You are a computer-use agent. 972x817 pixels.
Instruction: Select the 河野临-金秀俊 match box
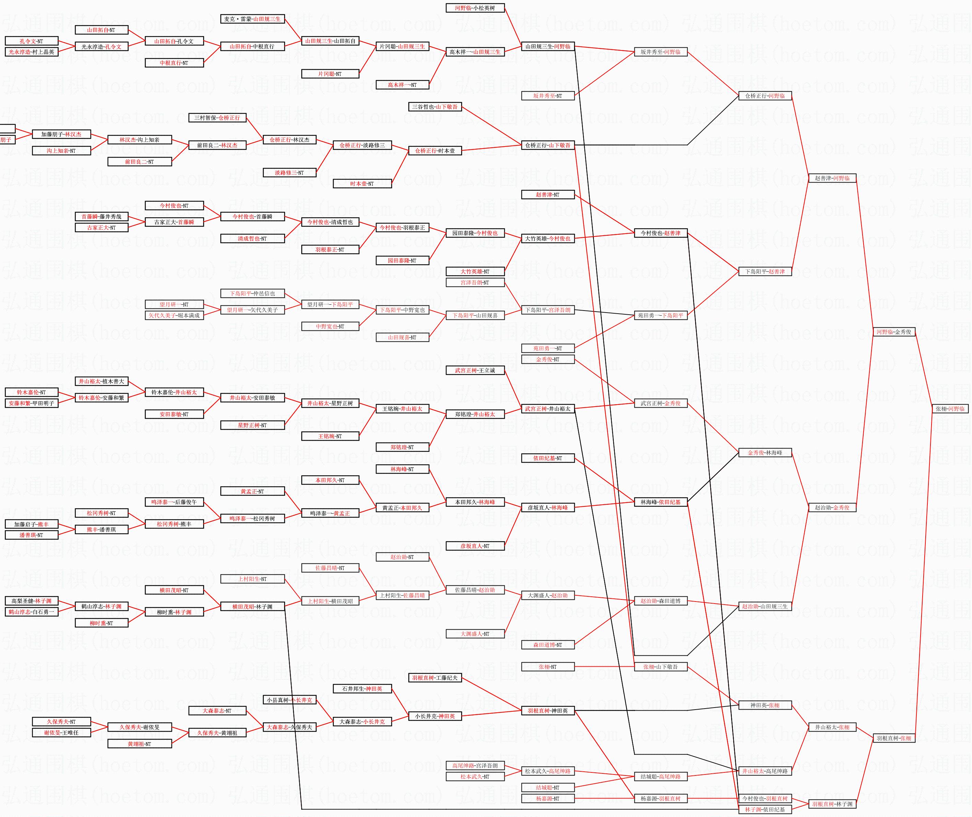click(x=893, y=332)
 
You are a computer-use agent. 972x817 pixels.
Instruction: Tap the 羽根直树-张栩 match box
click(x=893, y=738)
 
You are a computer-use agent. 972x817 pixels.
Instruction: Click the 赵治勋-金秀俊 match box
click(x=832, y=507)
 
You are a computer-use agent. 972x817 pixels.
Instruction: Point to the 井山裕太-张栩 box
click(x=832, y=727)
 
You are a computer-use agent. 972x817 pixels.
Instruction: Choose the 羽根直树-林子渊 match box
click(x=832, y=804)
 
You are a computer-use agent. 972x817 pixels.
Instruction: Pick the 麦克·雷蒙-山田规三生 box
click(x=253, y=19)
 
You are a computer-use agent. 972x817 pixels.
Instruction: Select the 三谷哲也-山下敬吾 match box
click(x=435, y=107)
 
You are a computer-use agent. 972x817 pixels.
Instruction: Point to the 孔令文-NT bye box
click(x=32, y=41)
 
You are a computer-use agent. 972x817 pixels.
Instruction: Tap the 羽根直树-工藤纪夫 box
click(x=435, y=678)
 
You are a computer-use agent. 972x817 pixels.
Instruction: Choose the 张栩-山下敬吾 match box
click(x=660, y=667)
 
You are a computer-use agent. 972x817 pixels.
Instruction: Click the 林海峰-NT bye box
click(x=402, y=469)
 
